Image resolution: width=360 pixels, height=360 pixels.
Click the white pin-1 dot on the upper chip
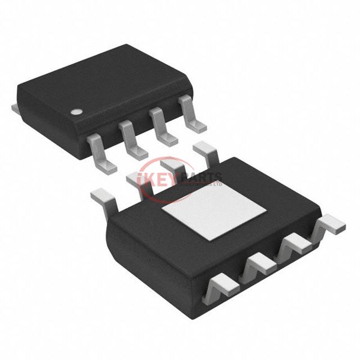coord(76,112)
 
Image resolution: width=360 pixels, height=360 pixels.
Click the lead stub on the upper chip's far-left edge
coord(16,109)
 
